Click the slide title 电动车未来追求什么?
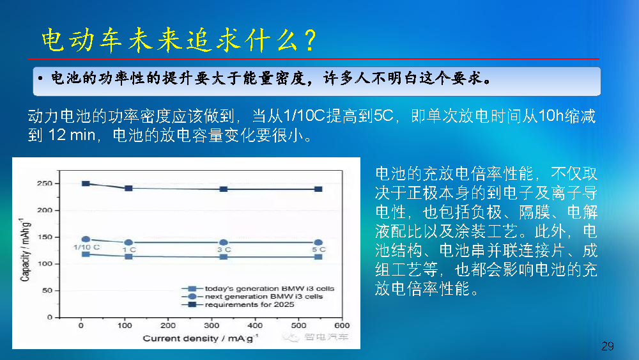180,40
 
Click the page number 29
607,346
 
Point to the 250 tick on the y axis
45,184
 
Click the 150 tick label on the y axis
45,237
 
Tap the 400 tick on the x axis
255,325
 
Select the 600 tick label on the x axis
342,325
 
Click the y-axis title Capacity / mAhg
25,249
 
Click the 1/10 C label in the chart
86,247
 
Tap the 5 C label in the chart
319,249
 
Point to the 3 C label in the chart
224,249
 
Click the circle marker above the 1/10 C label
86,239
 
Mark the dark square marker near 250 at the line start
86,184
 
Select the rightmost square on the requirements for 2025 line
319,189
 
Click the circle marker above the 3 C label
223,242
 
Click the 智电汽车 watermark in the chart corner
326,337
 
